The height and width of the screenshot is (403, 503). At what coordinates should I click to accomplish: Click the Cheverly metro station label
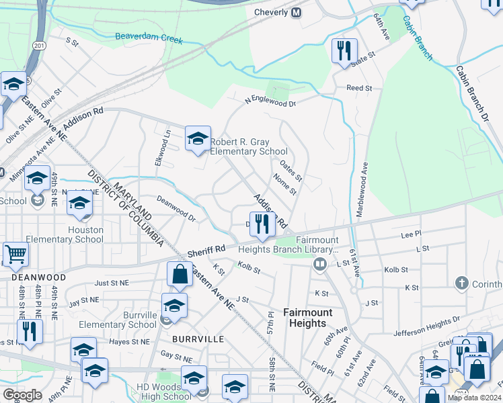click(x=272, y=12)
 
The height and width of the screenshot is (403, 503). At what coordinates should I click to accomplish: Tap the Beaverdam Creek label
click(x=149, y=37)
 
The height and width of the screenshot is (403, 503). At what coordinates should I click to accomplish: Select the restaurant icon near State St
click(x=344, y=50)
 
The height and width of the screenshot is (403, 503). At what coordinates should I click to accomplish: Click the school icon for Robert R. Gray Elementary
click(x=198, y=138)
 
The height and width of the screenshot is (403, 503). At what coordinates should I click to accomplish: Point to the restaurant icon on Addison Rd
click(x=263, y=224)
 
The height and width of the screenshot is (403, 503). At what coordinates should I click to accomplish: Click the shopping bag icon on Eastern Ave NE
click(x=180, y=274)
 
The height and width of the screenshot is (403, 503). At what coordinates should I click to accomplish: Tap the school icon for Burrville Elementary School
click(x=174, y=305)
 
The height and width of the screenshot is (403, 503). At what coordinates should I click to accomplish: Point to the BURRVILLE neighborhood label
click(x=198, y=340)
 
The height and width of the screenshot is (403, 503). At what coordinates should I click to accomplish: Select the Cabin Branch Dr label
click(x=474, y=93)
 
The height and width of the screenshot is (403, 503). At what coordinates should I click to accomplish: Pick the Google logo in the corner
click(x=22, y=395)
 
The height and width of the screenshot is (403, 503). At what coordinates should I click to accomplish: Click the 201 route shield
click(x=39, y=45)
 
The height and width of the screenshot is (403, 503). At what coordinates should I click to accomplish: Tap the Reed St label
click(x=359, y=88)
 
